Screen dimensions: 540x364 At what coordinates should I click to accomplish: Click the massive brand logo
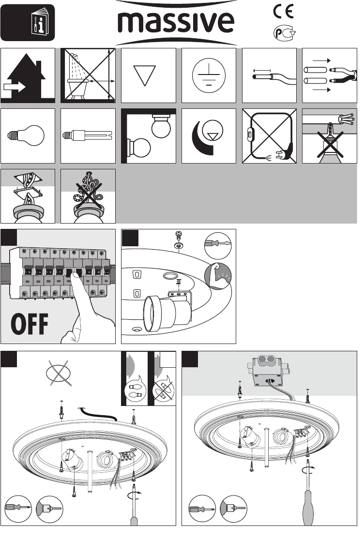177,23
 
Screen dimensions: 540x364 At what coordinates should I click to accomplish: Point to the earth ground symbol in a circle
209,76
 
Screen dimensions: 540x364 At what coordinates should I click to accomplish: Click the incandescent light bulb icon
28,136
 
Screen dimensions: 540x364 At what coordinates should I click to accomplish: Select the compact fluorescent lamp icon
88,136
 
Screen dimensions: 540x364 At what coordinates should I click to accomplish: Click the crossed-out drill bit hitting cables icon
329,136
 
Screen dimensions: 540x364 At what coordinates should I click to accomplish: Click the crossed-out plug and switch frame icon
269,136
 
